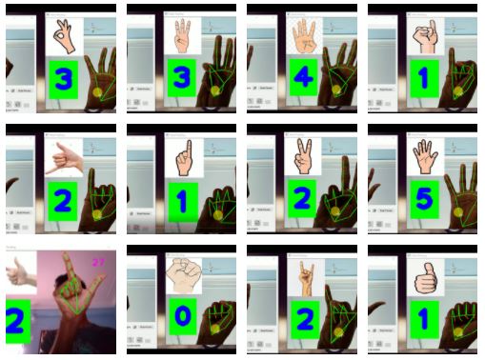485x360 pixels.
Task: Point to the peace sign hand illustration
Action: coord(303,156)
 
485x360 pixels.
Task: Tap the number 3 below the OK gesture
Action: coord(62,79)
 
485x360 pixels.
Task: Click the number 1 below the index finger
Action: coord(181,200)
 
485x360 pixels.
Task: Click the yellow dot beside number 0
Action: coord(214,329)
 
